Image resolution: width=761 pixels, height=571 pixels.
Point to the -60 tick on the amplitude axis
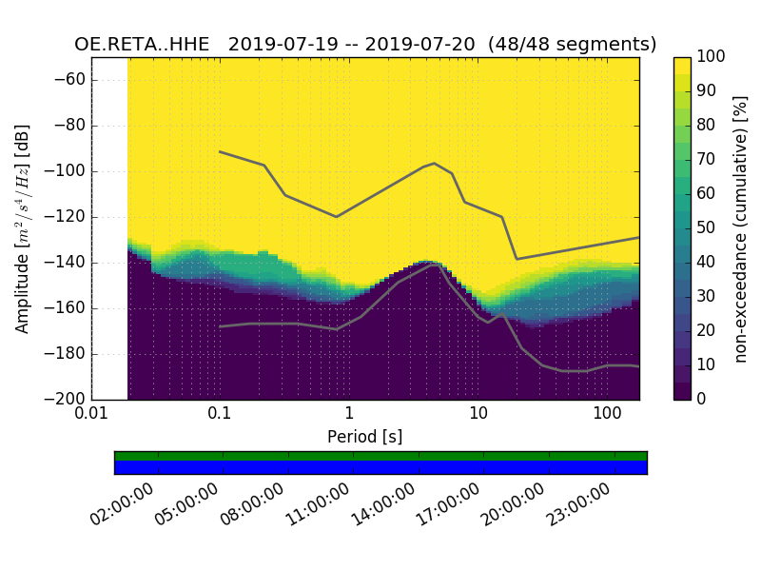(71, 80)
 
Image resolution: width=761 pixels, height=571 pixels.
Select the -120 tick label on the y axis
(68, 217)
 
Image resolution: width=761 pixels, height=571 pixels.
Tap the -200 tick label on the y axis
(68, 399)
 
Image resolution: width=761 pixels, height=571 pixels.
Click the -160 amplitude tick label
(68, 308)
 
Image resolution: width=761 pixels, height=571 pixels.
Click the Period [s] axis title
(365, 436)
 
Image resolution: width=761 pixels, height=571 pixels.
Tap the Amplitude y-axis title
(22, 228)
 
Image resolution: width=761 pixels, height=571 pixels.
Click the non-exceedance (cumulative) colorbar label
(742, 228)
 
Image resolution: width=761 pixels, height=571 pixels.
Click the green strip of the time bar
(380, 456)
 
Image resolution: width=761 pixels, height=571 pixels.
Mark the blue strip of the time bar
(380, 467)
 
